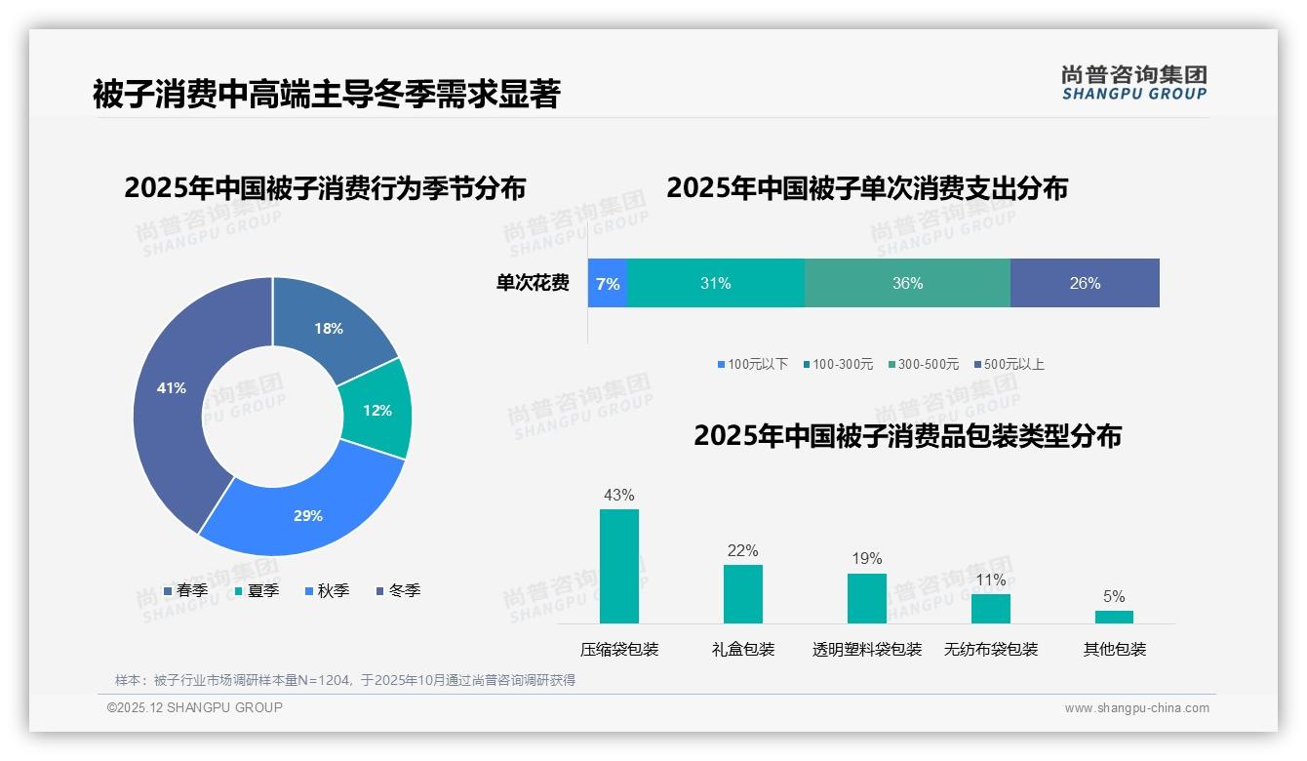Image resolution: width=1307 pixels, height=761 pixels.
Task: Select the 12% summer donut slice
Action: coord(376,410)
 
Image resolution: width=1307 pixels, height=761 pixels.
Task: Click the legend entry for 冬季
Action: coord(398,590)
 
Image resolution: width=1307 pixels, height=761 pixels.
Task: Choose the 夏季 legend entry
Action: coord(257,590)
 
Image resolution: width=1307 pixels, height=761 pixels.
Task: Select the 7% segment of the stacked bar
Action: coord(608,283)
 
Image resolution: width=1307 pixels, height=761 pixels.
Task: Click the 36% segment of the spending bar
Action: coord(907,283)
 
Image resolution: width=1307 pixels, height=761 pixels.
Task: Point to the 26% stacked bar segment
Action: coord(1085,283)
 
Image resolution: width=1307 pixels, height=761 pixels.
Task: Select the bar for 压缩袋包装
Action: coord(619,566)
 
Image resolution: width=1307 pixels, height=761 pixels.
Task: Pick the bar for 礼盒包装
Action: coord(743,593)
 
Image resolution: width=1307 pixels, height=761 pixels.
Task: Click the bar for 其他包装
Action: coord(1114,617)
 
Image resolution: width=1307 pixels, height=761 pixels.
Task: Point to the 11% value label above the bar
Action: coord(991,581)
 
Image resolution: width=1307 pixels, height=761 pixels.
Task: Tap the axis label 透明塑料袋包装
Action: coord(867,649)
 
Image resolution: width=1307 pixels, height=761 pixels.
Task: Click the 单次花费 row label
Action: coord(533,283)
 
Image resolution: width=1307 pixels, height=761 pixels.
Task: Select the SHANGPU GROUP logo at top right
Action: coord(1134,82)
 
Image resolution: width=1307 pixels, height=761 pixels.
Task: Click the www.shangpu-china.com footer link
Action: coord(1136,708)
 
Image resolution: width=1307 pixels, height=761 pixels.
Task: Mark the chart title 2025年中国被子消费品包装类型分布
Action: coord(907,435)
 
